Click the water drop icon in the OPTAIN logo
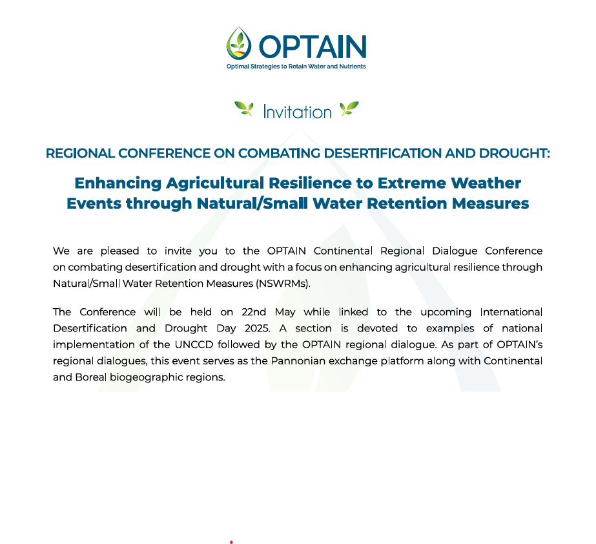(239, 43)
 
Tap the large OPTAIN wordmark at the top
(313, 47)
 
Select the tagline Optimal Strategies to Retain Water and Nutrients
(296, 67)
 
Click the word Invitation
(297, 112)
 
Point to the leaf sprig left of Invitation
(244, 109)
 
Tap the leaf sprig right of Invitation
(349, 109)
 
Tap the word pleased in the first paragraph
(119, 251)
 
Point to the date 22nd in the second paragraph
(254, 312)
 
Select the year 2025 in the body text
(258, 329)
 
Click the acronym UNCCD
(194, 345)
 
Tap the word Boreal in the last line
(91, 377)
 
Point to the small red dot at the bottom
(231, 541)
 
